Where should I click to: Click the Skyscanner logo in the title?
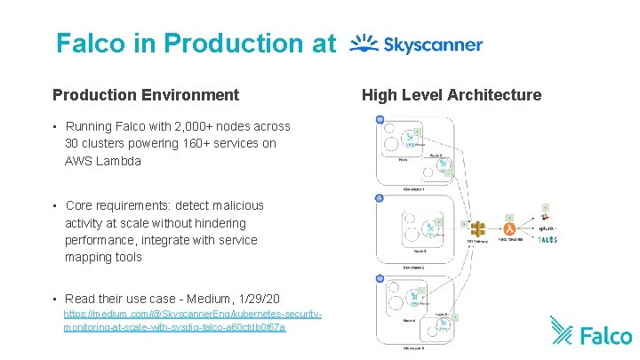point(416,44)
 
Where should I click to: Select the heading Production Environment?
point(146,94)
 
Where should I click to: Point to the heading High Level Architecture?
point(452,94)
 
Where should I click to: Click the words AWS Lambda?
point(103,161)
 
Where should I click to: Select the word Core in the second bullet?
point(80,205)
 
